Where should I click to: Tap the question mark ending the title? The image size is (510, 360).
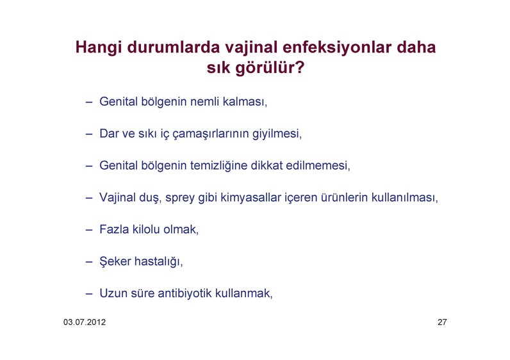pos(299,67)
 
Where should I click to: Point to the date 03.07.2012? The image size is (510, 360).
pos(85,322)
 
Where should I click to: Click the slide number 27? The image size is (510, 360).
pos(442,322)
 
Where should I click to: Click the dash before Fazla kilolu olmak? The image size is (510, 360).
pos(89,229)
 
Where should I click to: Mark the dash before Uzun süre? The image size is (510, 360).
pos(89,293)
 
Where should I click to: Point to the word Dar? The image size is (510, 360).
pos(109,134)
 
